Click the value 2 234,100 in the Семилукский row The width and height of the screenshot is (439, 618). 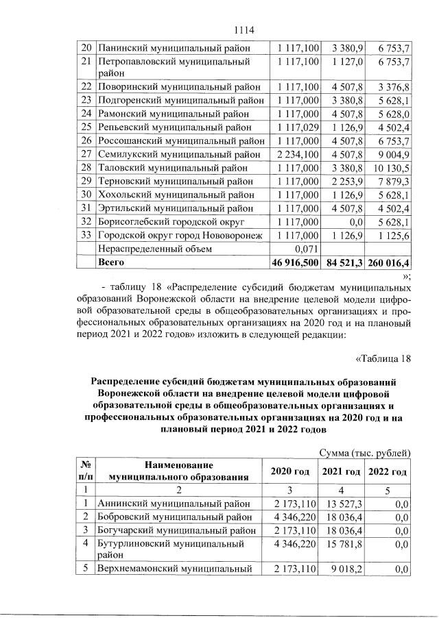[x=297, y=154]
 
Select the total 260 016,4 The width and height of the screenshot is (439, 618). [x=389, y=262]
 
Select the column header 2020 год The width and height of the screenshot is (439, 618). [x=290, y=472]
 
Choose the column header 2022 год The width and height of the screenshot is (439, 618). [x=388, y=472]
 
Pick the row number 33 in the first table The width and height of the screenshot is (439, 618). [x=86, y=235]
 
